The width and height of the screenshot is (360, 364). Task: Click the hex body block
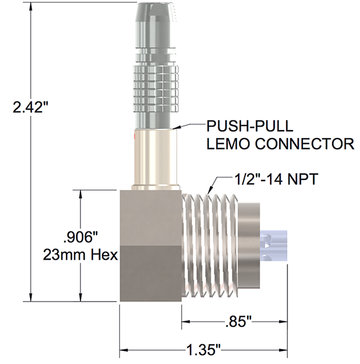click(x=149, y=246)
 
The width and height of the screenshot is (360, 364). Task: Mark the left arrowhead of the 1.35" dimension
click(x=124, y=348)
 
